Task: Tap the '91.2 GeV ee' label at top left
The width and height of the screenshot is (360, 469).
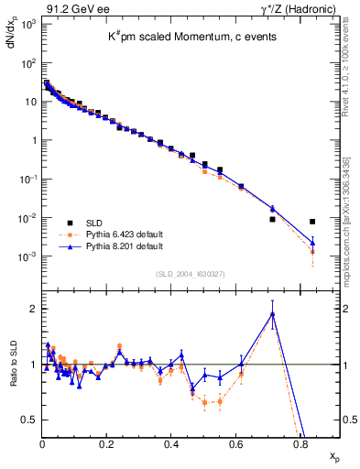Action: (x=70, y=8)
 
